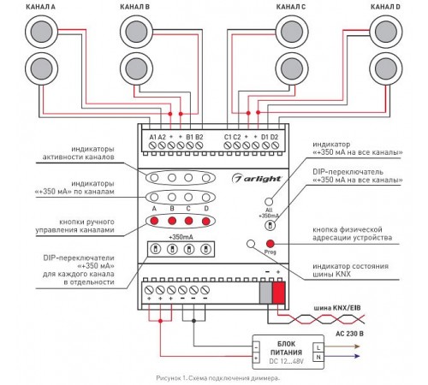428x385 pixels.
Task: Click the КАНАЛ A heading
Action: (40, 7)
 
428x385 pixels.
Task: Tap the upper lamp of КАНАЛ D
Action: (386, 32)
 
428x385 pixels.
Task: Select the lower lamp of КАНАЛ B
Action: (136, 68)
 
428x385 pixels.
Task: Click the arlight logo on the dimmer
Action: (256, 179)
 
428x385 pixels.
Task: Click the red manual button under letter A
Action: (154, 221)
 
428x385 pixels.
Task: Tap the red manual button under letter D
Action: (206, 221)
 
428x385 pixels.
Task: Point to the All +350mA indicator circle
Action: (269, 202)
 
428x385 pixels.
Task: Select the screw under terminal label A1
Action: (152, 145)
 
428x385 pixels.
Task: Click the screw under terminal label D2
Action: (275, 145)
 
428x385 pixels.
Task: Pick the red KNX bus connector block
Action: (278, 293)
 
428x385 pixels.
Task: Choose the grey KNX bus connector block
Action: (266, 293)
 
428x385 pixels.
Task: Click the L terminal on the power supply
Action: (318, 347)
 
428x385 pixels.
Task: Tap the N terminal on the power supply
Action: (318, 357)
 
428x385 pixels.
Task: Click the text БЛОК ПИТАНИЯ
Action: (286, 348)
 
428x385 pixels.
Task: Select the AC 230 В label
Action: (349, 334)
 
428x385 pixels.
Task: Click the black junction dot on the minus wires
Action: (193, 321)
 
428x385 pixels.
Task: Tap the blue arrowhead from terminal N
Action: (356, 356)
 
